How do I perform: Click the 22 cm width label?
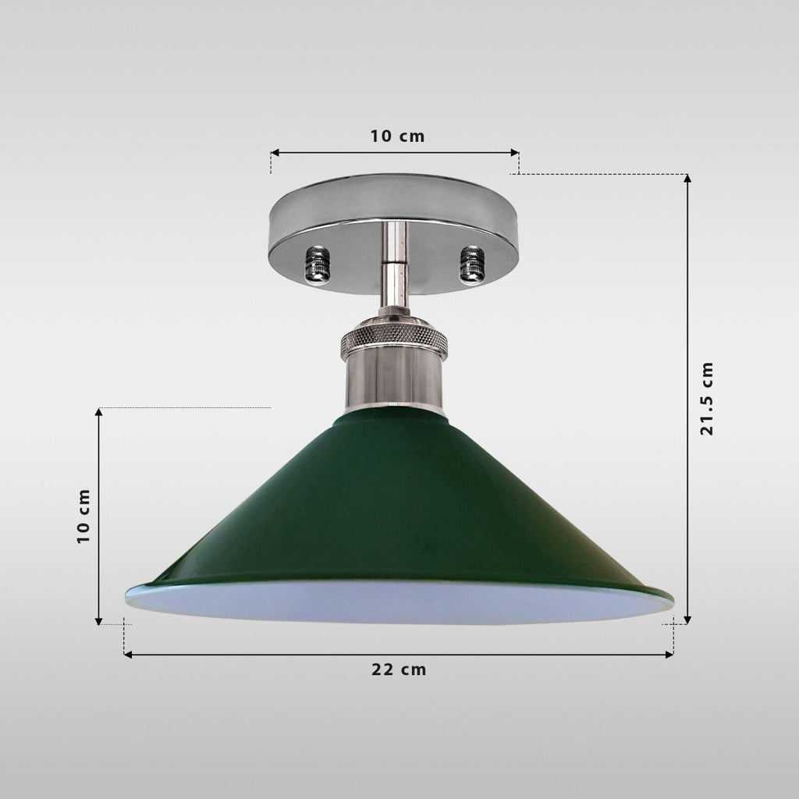[399, 669]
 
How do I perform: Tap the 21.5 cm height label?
[707, 399]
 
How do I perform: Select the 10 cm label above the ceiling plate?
[397, 137]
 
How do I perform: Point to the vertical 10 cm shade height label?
[83, 516]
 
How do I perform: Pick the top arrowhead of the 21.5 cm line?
[687, 179]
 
